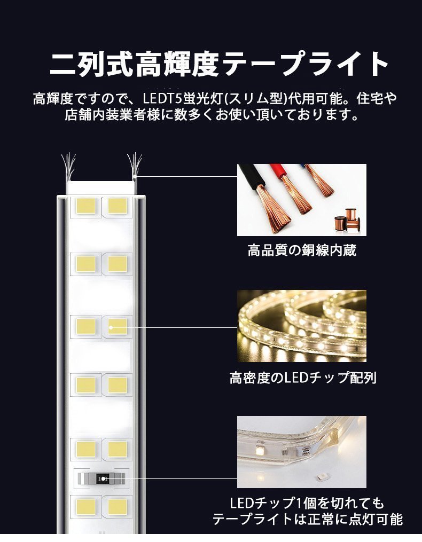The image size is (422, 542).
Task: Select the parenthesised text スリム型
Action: tap(253, 99)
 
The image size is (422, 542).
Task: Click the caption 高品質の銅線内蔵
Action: tap(302, 250)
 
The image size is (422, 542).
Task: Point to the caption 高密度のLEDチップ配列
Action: tap(303, 378)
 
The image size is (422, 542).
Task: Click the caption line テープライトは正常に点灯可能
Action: tap(307, 519)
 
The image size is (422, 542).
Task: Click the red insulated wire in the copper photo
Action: tap(288, 182)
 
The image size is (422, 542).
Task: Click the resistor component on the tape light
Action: tap(101, 478)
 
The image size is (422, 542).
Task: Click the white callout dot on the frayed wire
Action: tap(136, 176)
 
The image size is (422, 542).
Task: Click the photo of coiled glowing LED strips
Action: tap(302, 326)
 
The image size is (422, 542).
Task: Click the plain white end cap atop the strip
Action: tap(100, 188)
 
